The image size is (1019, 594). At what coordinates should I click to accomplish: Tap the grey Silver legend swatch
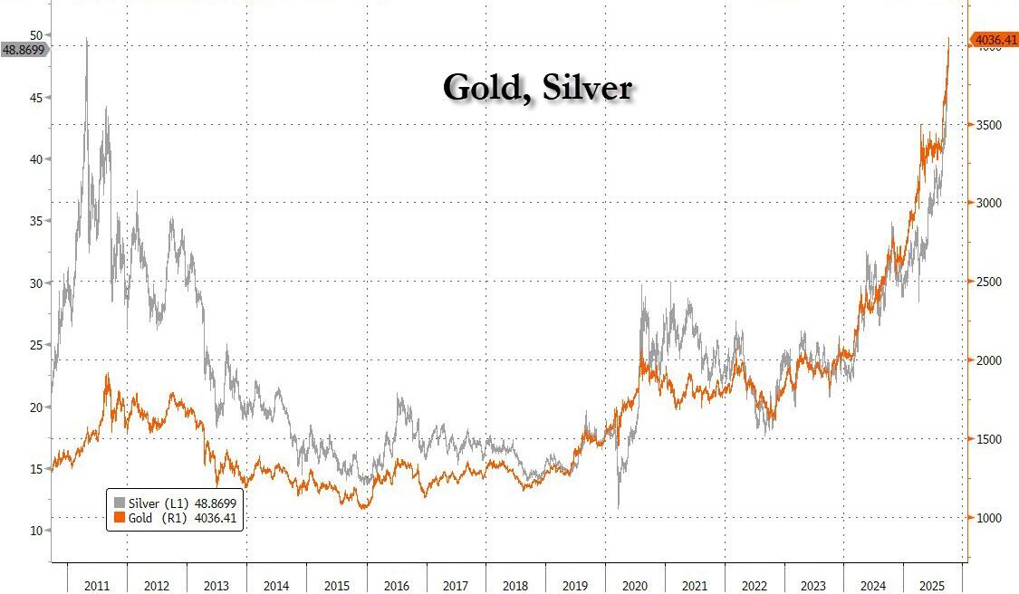(120, 503)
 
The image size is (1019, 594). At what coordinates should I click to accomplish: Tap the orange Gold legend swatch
(120, 517)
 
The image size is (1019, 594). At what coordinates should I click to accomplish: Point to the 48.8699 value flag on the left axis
(24, 50)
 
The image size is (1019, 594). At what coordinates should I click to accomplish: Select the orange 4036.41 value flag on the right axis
(994, 40)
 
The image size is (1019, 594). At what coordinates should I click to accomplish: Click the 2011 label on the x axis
(97, 586)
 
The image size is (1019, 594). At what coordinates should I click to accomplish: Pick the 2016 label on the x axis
(396, 586)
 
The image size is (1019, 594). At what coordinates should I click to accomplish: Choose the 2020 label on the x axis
(635, 586)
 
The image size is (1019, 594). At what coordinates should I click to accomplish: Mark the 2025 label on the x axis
(933, 586)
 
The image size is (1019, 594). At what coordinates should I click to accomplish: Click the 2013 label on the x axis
(216, 586)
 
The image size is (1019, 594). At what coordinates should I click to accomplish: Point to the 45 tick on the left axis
(36, 97)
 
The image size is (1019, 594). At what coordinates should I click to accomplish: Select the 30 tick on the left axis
(36, 283)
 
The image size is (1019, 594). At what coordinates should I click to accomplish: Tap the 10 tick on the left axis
(36, 531)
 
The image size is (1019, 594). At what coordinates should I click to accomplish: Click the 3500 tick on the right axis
(988, 125)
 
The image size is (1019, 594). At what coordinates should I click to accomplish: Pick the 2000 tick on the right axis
(988, 360)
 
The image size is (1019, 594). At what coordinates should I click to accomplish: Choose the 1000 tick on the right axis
(988, 518)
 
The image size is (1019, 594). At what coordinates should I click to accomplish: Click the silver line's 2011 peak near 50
(87, 39)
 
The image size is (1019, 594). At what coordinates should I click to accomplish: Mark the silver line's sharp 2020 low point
(619, 507)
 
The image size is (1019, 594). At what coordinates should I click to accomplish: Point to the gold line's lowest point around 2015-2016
(364, 508)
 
